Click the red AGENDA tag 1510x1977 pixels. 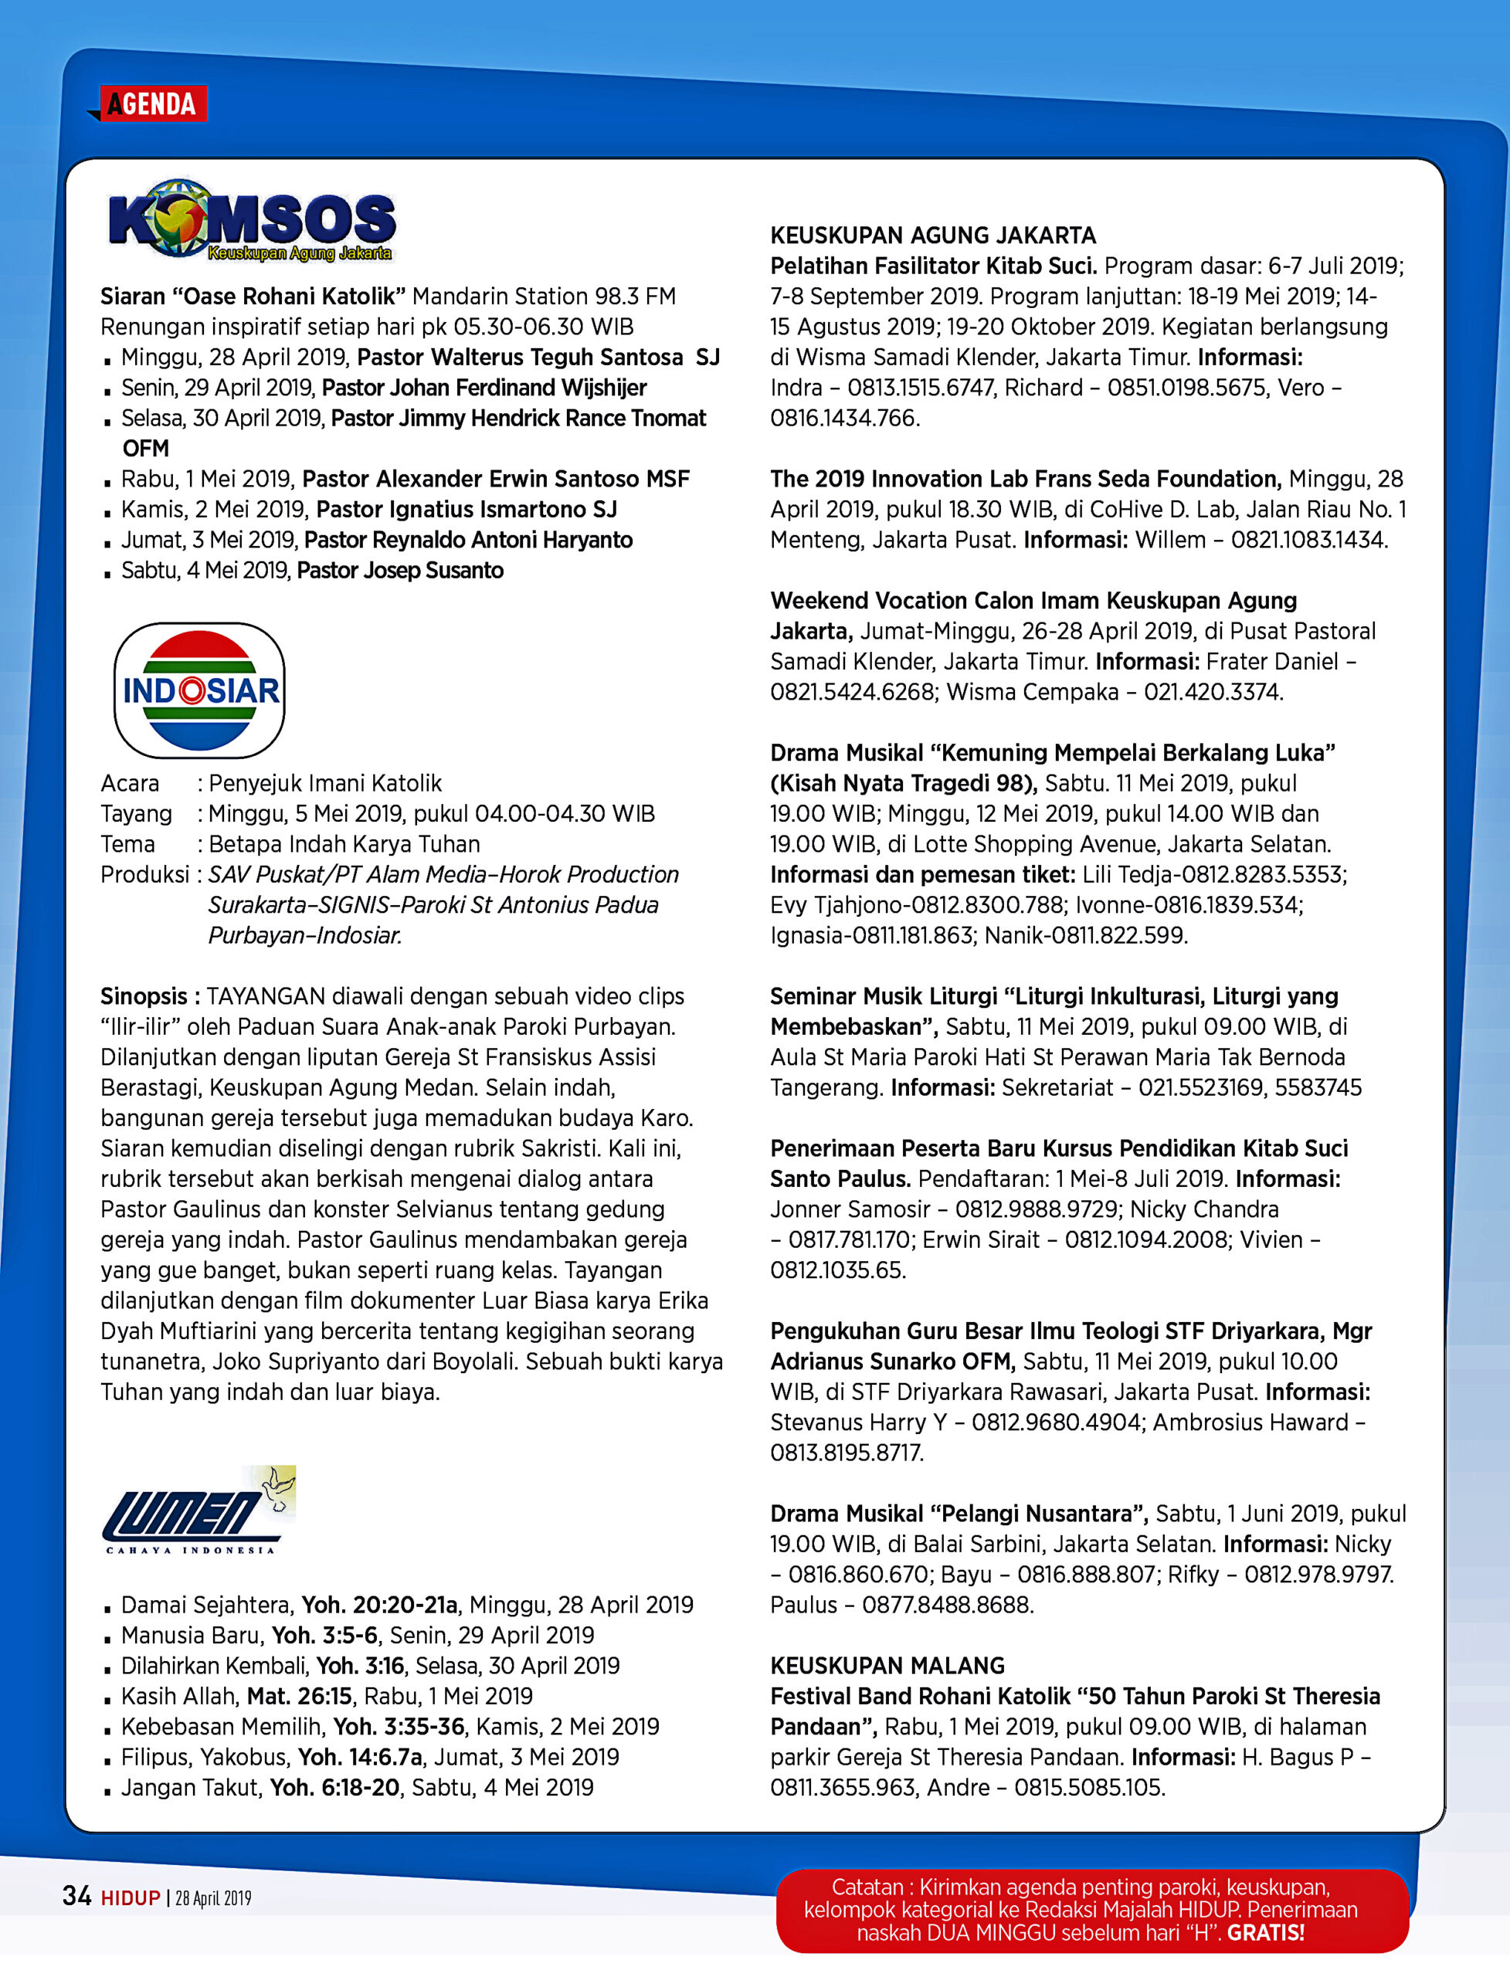(x=153, y=104)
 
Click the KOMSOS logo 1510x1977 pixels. (x=252, y=220)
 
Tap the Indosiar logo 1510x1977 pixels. (x=199, y=690)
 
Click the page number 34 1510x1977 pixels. (x=76, y=1896)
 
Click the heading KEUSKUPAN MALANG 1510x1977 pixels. (x=887, y=1665)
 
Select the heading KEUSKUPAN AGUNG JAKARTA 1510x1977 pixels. (x=933, y=236)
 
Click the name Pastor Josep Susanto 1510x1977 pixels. (x=400, y=571)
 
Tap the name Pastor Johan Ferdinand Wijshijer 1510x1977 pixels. (x=484, y=388)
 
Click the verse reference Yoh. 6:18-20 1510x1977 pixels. (x=334, y=1787)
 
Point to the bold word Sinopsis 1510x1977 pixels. (x=144, y=995)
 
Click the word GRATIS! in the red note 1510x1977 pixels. (x=1265, y=1932)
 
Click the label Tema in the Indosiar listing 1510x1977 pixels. (x=127, y=844)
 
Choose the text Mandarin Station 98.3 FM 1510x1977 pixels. (x=544, y=297)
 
